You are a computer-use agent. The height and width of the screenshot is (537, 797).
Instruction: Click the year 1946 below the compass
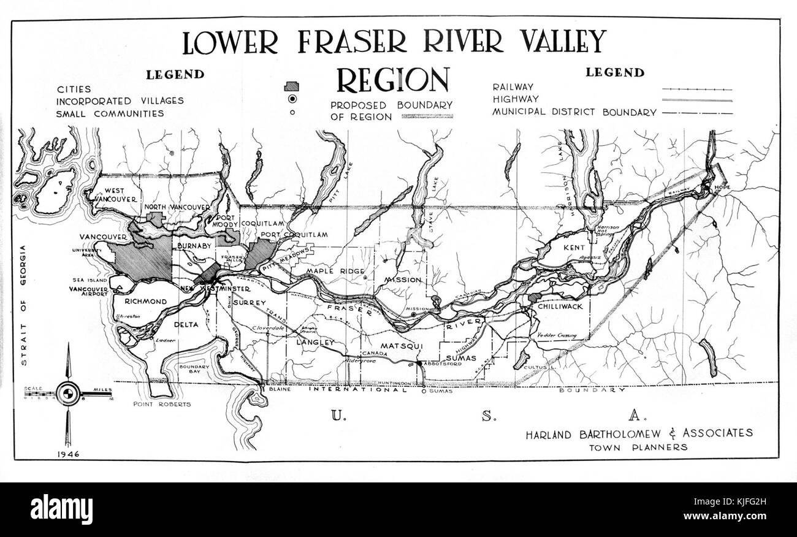point(68,454)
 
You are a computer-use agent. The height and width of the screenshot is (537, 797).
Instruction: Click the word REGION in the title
point(392,80)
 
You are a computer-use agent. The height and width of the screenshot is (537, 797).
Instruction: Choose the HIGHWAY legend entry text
point(516,99)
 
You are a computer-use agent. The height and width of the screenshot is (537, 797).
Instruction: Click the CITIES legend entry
point(74,89)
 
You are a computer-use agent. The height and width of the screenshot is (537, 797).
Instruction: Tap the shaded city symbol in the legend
point(292,86)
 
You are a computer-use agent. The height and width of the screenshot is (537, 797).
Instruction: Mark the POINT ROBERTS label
point(162,404)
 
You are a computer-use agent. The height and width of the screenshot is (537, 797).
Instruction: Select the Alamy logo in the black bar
point(53,509)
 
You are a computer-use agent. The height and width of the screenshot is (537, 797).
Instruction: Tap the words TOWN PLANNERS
point(638,447)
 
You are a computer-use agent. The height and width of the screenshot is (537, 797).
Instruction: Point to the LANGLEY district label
point(315,342)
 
